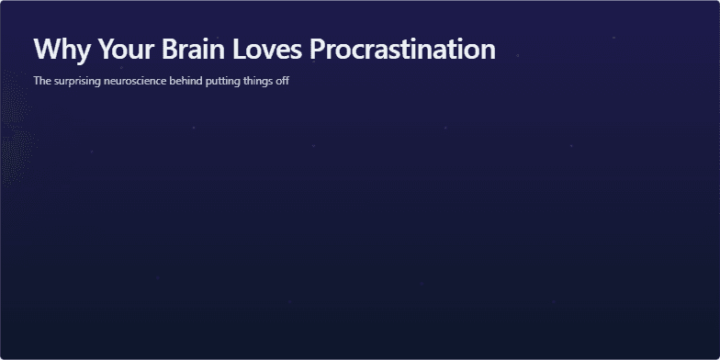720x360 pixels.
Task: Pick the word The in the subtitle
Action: (41, 81)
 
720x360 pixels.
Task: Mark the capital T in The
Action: (37, 81)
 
